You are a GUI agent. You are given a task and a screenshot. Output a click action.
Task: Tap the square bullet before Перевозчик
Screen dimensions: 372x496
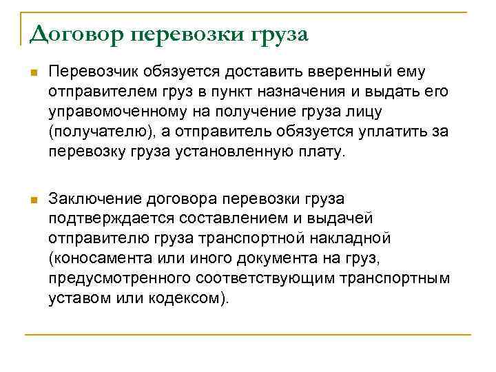[x=32, y=72]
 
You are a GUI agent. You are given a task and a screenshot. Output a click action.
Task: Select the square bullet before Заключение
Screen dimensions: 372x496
[x=32, y=200]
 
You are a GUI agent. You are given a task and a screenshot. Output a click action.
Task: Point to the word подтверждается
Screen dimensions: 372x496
[x=105, y=219]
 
